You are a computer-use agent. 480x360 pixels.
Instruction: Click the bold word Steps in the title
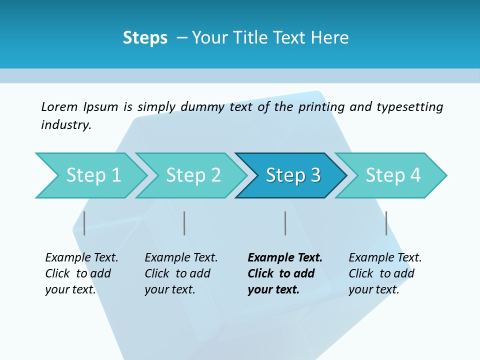(x=145, y=37)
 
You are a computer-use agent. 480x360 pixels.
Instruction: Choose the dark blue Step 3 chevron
(x=293, y=175)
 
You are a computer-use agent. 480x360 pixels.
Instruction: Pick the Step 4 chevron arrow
(x=393, y=175)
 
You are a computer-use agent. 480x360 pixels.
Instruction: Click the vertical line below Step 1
(x=84, y=223)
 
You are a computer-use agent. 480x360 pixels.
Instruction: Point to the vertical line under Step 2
(x=184, y=223)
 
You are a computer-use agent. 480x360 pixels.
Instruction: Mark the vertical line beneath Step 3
(x=285, y=223)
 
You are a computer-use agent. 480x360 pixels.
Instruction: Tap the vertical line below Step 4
(x=386, y=223)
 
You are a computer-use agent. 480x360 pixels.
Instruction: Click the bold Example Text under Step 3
(x=285, y=273)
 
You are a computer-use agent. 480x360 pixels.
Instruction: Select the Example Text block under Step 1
(x=81, y=273)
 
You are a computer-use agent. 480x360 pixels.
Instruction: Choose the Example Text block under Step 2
(x=181, y=273)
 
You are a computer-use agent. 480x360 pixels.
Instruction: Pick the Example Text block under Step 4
(x=385, y=273)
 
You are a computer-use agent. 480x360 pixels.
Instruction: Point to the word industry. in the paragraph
(x=66, y=125)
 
